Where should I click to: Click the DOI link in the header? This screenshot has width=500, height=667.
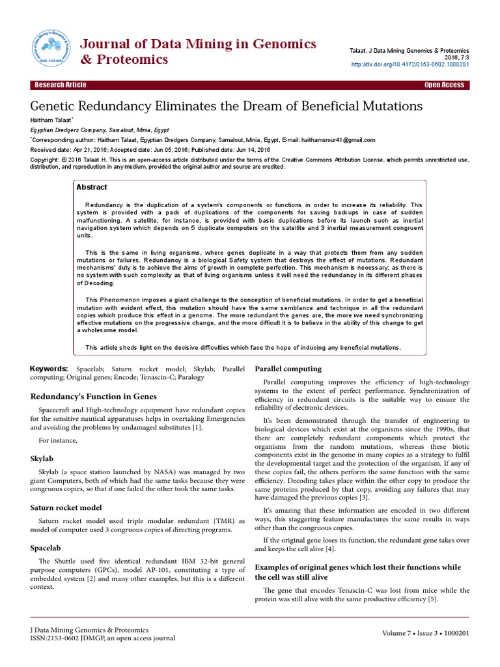(410, 65)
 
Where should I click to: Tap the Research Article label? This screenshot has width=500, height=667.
(60, 85)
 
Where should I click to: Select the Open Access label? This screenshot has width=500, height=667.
(444, 85)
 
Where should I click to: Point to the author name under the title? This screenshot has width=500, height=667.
(52, 121)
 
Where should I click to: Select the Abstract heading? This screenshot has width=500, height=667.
(92, 187)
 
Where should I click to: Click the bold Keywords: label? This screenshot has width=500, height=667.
(49, 369)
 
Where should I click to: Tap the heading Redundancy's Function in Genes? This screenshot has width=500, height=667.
(93, 396)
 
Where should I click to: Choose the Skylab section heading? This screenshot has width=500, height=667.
(44, 459)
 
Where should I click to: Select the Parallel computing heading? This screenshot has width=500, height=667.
(288, 369)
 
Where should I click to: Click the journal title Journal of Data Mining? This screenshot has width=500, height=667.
(197, 44)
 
